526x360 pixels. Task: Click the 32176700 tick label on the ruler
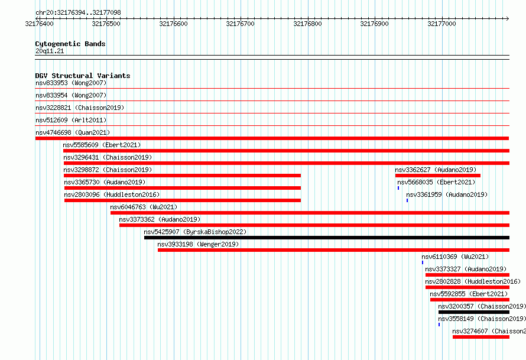click(240, 24)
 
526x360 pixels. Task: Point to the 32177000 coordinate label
click(441, 24)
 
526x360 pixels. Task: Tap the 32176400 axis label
click(39, 24)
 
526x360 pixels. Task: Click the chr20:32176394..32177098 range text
click(78, 13)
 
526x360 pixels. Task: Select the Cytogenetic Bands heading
click(70, 44)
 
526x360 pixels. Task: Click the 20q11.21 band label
click(50, 51)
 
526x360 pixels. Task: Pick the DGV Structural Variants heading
click(83, 76)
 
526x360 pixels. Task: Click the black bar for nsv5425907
click(327, 238)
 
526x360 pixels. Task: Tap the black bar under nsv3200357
click(473, 312)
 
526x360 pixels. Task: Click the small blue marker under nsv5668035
click(398, 188)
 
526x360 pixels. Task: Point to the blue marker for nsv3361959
click(407, 200)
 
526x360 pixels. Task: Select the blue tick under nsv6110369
click(423, 262)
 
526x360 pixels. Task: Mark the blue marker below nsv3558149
click(439, 325)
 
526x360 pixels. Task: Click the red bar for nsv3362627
click(438, 176)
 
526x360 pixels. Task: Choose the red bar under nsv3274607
click(481, 337)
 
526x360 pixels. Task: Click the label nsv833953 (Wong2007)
click(71, 83)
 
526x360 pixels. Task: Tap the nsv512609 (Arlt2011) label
click(71, 120)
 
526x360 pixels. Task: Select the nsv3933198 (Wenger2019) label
click(198, 244)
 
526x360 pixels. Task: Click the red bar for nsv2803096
click(183, 200)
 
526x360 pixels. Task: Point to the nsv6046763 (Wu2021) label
click(144, 207)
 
